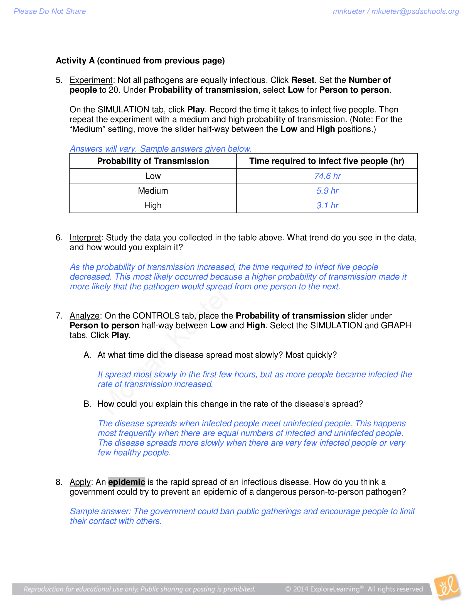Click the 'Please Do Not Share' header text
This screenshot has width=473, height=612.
(50, 11)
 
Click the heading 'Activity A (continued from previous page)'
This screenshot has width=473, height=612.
(140, 61)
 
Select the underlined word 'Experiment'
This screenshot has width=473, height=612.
(91, 80)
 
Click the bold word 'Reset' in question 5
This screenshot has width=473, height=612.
(302, 80)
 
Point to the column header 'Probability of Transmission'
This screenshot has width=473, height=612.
(153, 161)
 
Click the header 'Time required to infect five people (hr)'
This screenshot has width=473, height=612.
(327, 161)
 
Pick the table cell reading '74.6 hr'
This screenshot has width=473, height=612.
(327, 176)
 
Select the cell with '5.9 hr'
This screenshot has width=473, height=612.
(327, 191)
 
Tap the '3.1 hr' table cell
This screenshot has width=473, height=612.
(327, 206)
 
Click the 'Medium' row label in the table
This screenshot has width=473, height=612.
(153, 191)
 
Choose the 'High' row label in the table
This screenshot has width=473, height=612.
(153, 206)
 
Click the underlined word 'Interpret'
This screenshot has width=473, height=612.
(85, 238)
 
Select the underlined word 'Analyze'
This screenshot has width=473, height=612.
(84, 316)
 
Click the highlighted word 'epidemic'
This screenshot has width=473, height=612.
(127, 482)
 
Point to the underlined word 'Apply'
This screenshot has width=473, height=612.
(80, 482)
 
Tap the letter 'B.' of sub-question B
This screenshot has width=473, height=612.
(87, 404)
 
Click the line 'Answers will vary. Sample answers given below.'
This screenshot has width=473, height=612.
(161, 149)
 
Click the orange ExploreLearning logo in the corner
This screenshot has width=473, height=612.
(447, 587)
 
